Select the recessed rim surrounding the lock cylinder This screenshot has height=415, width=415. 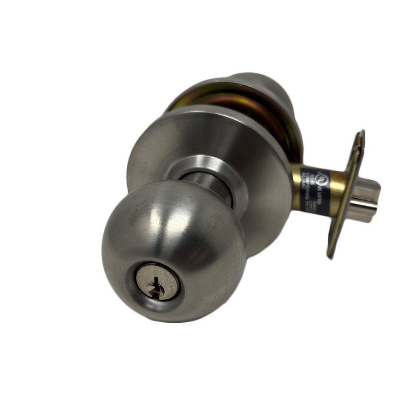pos(138,295)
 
